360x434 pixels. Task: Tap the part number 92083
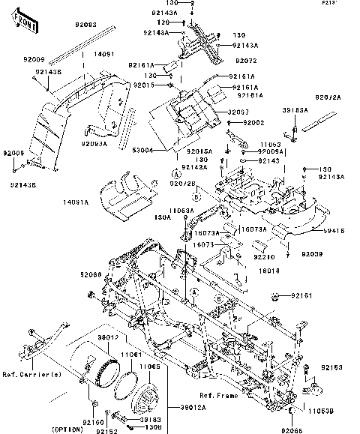(85, 25)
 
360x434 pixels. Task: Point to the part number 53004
(142, 150)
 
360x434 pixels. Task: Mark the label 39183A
(295, 109)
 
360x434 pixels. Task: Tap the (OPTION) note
(68, 429)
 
